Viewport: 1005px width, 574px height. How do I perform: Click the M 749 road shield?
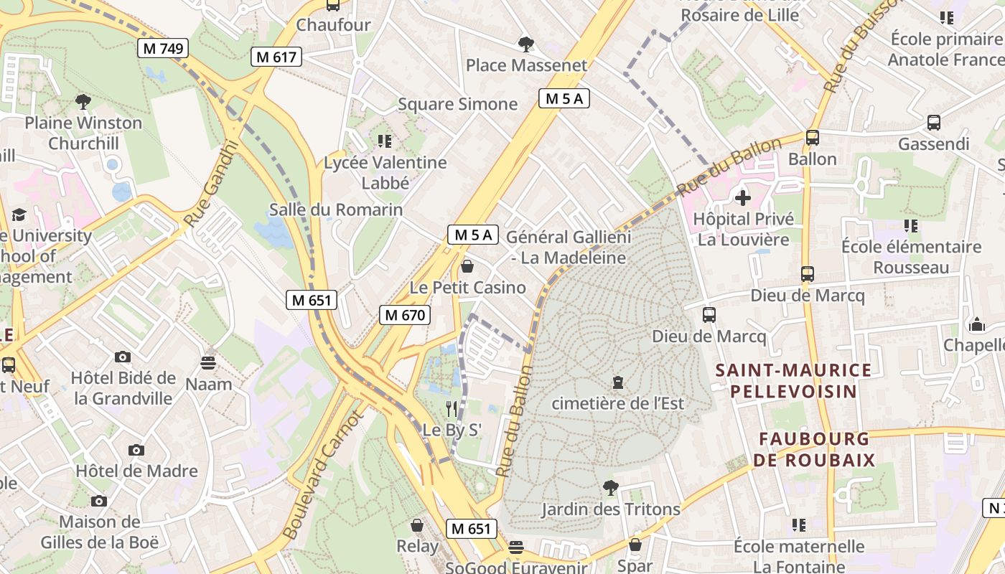pyautogui.click(x=163, y=48)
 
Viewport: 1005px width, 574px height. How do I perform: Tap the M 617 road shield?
pyautogui.click(x=276, y=57)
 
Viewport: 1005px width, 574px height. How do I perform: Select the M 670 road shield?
pyautogui.click(x=404, y=314)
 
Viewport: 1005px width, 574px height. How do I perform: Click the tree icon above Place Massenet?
pyautogui.click(x=526, y=44)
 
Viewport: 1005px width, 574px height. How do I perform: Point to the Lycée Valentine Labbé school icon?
pyautogui.click(x=385, y=141)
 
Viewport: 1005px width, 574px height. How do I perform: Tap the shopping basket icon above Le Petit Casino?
pyautogui.click(x=467, y=266)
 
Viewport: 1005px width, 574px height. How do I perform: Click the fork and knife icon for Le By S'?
pyautogui.click(x=452, y=409)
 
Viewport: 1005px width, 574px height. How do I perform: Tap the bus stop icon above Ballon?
pyautogui.click(x=813, y=138)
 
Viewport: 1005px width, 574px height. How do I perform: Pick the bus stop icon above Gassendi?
pyautogui.click(x=934, y=123)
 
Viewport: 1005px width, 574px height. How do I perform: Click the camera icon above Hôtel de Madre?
pyautogui.click(x=136, y=450)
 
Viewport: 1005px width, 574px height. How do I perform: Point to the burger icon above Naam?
pyautogui.click(x=208, y=363)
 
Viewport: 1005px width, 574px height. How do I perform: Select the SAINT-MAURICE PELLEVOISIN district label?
pyautogui.click(x=793, y=380)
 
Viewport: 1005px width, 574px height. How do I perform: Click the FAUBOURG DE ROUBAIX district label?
pyautogui.click(x=817, y=449)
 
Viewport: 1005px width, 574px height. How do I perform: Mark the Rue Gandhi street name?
pyautogui.click(x=210, y=183)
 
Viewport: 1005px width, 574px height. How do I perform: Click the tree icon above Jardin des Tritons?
pyautogui.click(x=610, y=488)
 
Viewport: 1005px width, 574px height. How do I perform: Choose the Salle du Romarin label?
pyautogui.click(x=336, y=210)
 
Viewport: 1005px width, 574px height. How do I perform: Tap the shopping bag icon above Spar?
pyautogui.click(x=635, y=545)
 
